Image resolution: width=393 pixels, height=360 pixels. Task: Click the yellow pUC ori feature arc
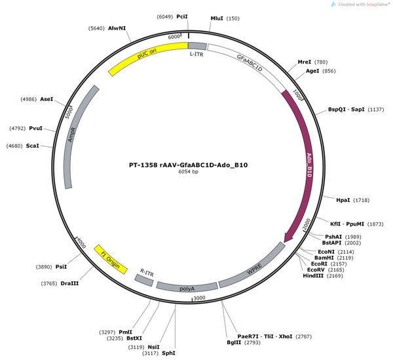tap(147, 54)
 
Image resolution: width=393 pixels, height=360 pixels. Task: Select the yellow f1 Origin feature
tap(111, 260)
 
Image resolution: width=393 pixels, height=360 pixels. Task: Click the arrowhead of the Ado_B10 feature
tap(288, 237)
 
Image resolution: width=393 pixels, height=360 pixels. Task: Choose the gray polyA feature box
tap(187, 287)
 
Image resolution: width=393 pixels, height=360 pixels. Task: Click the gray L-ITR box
tap(197, 46)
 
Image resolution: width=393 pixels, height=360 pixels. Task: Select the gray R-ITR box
tap(144, 280)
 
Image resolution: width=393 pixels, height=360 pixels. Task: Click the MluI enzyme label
tap(217, 18)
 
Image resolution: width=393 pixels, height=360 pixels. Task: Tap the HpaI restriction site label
tap(343, 200)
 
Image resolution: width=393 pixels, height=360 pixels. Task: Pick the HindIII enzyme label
tap(313, 275)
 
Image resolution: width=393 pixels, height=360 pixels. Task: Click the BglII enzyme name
tap(234, 342)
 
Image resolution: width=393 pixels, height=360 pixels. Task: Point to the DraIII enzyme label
tap(69, 283)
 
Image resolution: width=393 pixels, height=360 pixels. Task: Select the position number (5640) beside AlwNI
tap(96, 28)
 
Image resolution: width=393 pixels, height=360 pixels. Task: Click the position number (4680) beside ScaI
tap(14, 146)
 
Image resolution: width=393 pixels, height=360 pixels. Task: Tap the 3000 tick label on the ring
tap(200, 298)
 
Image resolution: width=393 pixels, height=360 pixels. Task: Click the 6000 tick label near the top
tap(174, 37)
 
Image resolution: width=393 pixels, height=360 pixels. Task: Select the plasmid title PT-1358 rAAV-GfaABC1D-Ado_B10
tap(188, 165)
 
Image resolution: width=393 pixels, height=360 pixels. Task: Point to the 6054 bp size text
tap(188, 172)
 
